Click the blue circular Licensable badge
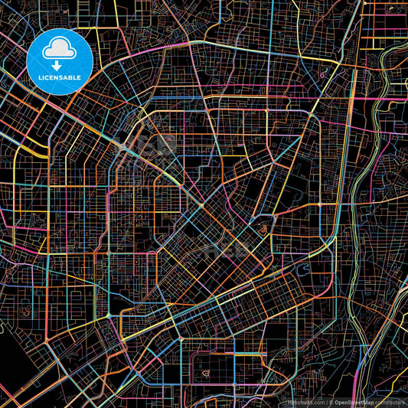60,61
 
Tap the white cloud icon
60,51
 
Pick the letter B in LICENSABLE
73,77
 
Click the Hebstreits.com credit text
305,402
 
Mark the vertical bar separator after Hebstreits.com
325,402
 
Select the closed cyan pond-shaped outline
265,226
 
